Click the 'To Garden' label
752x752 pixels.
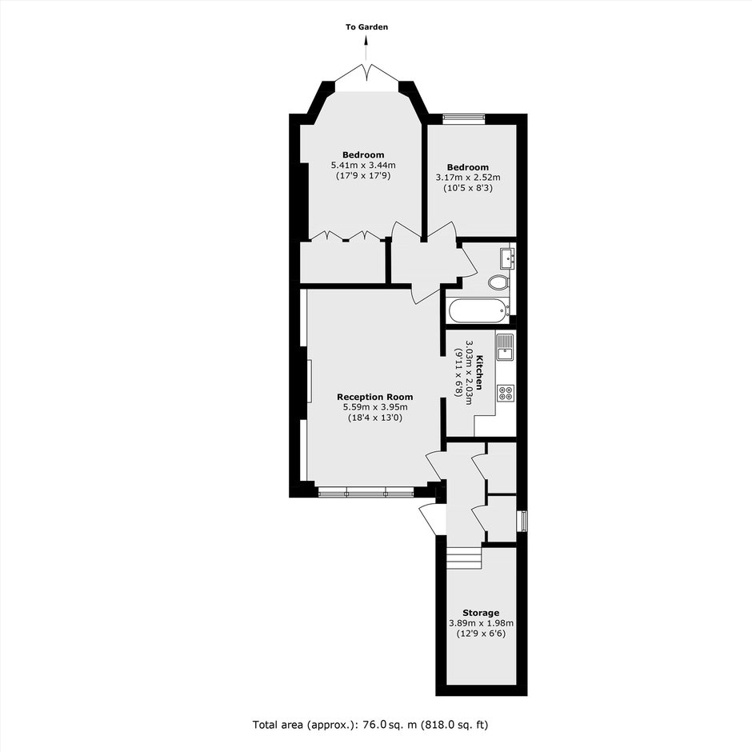[x=367, y=27]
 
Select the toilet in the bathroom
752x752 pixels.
[x=498, y=282]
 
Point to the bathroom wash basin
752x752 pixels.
[x=507, y=258]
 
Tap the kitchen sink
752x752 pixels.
[x=505, y=347]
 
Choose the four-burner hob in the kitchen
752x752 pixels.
[x=506, y=393]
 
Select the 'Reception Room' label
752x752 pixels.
[x=374, y=397]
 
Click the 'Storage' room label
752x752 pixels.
[x=481, y=613]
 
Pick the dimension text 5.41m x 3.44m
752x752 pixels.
[x=363, y=166]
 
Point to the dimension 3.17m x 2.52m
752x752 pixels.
[x=468, y=178]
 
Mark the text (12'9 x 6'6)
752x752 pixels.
[x=481, y=634]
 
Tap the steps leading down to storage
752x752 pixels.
[x=464, y=558]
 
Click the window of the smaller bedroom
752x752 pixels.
[x=464, y=118]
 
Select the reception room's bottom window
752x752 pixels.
[x=366, y=491]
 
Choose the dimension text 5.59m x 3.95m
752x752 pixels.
[x=374, y=408]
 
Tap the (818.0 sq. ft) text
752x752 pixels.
[x=454, y=724]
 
